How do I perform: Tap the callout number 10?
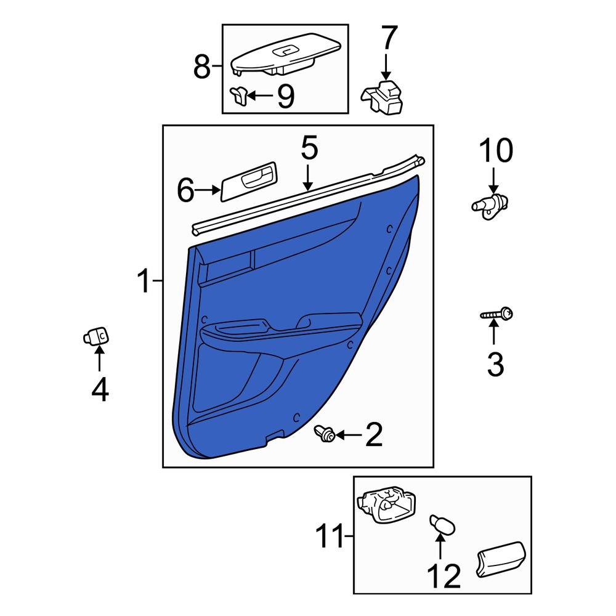click(496, 150)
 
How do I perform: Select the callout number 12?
click(444, 576)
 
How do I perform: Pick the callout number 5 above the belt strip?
click(309, 147)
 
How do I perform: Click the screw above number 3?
click(496, 315)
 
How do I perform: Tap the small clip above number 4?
click(96, 336)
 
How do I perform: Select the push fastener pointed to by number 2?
click(325, 433)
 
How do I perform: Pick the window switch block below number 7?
click(383, 97)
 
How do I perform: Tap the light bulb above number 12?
click(443, 524)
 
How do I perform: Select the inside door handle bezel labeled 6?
click(248, 182)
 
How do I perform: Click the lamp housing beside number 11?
click(387, 505)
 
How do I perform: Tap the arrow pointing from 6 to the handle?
click(208, 190)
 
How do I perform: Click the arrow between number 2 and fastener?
click(348, 435)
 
